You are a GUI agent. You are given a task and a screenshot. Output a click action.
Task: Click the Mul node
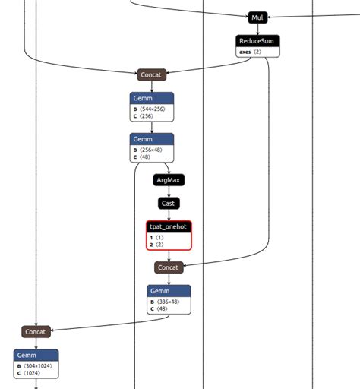click(x=258, y=17)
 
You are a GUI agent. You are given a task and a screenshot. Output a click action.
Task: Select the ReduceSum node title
click(x=258, y=40)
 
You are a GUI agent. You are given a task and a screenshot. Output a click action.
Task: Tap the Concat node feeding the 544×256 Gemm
click(x=152, y=74)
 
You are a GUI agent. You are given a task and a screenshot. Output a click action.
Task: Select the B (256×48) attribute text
click(x=150, y=150)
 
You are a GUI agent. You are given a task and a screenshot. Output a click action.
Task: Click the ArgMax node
click(x=169, y=180)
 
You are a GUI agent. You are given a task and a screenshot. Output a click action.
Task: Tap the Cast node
click(x=169, y=203)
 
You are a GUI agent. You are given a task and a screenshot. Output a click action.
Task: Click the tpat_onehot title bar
click(x=169, y=226)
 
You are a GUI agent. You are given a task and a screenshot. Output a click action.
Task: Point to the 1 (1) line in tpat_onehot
click(x=159, y=238)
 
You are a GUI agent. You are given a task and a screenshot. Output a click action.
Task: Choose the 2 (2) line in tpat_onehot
click(x=159, y=245)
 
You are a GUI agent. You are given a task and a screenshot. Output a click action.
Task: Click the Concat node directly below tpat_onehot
click(x=169, y=267)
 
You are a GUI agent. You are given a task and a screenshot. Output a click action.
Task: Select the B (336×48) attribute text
click(x=168, y=302)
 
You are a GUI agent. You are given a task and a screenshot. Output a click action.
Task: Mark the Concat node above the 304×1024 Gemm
click(x=36, y=331)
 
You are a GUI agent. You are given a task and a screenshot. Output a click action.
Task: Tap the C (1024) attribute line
click(x=31, y=374)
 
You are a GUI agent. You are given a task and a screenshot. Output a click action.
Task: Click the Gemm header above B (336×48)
click(x=169, y=291)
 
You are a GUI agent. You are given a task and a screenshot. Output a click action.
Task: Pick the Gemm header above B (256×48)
click(x=152, y=139)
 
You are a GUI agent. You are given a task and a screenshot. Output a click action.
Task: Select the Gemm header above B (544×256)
click(x=152, y=98)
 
